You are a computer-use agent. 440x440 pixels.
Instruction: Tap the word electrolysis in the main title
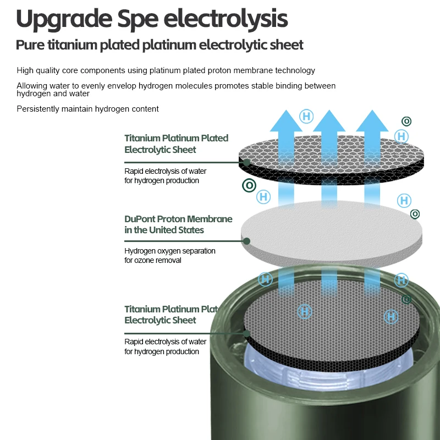(226, 19)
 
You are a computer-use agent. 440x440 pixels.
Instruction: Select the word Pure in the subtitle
(30, 45)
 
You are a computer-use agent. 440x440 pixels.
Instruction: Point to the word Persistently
(38, 109)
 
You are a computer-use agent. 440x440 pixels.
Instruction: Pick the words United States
(176, 230)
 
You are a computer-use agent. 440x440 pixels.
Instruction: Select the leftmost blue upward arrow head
(286, 120)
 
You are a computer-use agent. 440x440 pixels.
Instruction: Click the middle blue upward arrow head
(329, 120)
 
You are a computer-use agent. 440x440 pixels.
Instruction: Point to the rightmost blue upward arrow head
(372, 120)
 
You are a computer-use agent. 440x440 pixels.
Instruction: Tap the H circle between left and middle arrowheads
(306, 116)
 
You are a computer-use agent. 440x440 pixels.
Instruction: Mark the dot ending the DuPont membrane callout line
(246, 241)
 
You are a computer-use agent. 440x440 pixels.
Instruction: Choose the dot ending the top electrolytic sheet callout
(246, 162)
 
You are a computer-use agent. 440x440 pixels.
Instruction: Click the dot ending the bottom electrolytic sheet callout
(246, 334)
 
